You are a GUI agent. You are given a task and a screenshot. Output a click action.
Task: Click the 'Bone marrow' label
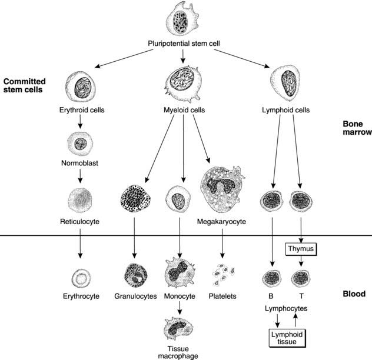357,128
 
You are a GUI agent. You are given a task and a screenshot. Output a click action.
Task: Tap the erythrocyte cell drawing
79,276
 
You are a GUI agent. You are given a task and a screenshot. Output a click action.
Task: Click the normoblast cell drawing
79,144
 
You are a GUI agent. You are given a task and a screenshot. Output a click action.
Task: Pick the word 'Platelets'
221,296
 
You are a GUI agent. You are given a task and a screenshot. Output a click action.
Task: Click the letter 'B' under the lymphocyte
271,296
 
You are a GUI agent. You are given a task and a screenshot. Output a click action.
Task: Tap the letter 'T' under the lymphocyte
301,296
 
